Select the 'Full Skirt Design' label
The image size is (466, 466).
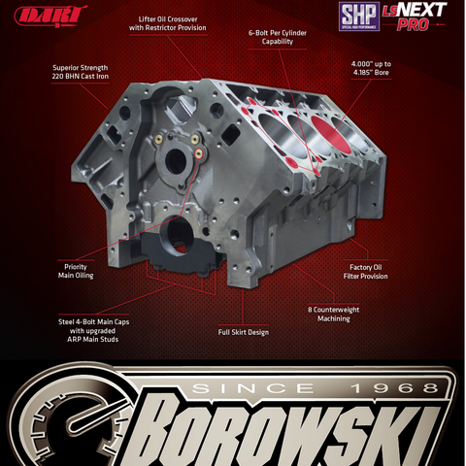click(244, 332)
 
